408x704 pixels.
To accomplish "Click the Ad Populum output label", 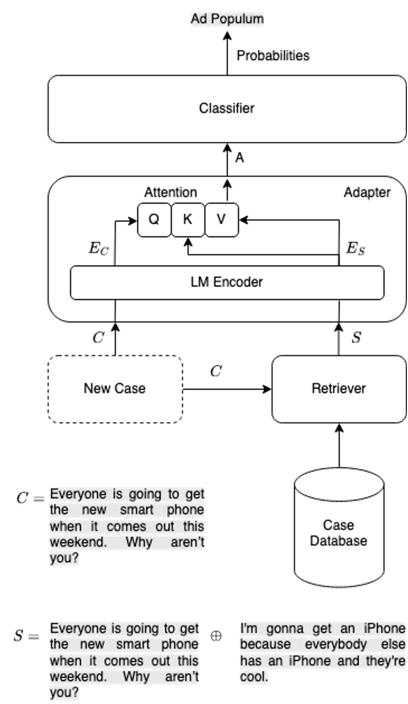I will tap(227, 19).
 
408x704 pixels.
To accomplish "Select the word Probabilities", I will tap(273, 56).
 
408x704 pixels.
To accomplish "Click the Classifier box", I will tap(227, 108).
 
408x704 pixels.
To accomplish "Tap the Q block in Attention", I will tap(154, 220).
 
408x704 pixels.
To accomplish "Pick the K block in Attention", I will tap(188, 220).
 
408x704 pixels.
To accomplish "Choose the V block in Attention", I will tap(221, 220).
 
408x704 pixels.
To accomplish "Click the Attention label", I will tap(171, 192).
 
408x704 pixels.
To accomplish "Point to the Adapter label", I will tap(367, 192).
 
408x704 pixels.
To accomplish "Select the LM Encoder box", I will tap(227, 281).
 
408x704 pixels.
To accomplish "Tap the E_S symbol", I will tap(355, 249).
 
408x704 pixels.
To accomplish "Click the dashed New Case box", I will tap(114, 389).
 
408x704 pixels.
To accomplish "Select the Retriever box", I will tap(339, 389).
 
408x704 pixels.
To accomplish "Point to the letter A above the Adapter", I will tap(239, 158).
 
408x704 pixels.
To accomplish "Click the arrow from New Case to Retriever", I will tap(227, 389).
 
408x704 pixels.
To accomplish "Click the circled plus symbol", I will tap(215, 636).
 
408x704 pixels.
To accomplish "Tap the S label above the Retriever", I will tap(356, 338).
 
